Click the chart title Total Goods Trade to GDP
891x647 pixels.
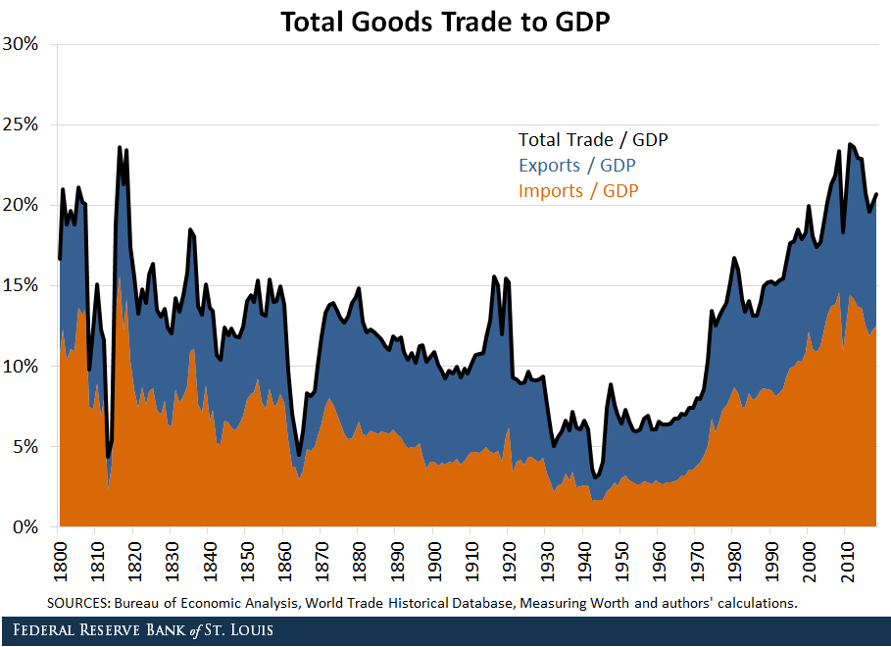coord(445,22)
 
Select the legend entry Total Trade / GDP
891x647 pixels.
coord(592,140)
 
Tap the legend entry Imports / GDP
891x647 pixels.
coord(578,191)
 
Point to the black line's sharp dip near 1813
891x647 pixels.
coord(108,457)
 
